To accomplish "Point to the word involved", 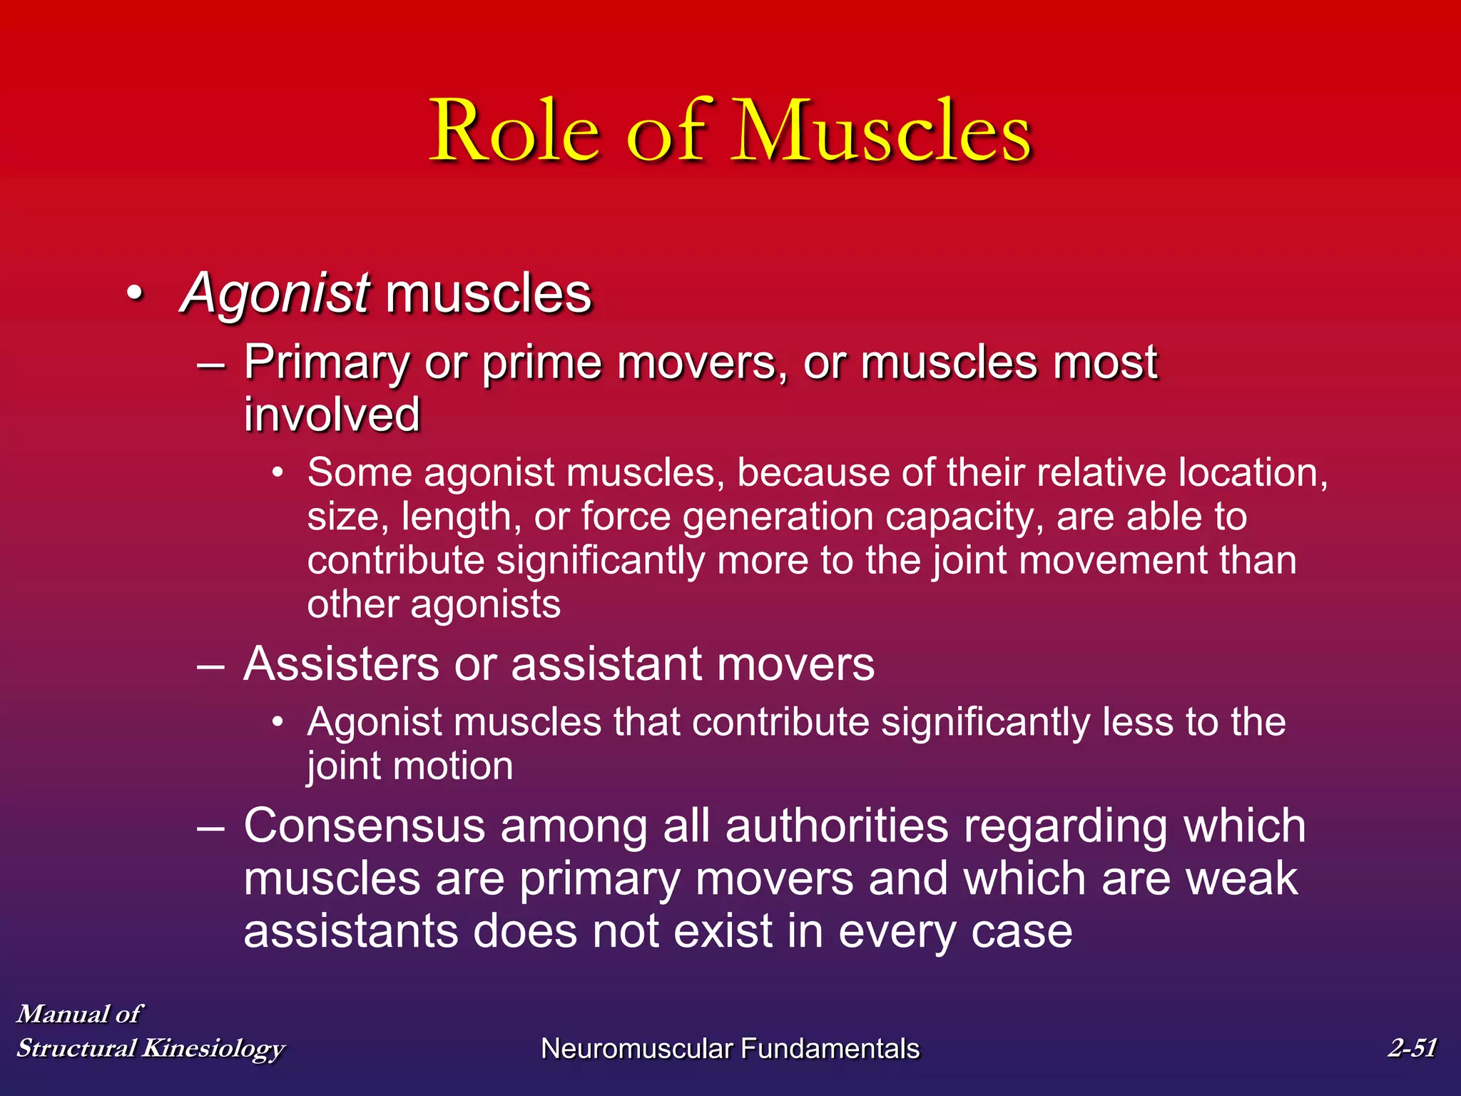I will pyautogui.click(x=332, y=415).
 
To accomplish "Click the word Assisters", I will pyautogui.click(x=341, y=664).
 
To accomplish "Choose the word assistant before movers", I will pyautogui.click(x=607, y=664).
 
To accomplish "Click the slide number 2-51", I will pyautogui.click(x=1412, y=1047).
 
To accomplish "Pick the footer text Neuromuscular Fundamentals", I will pyautogui.click(x=730, y=1049).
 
